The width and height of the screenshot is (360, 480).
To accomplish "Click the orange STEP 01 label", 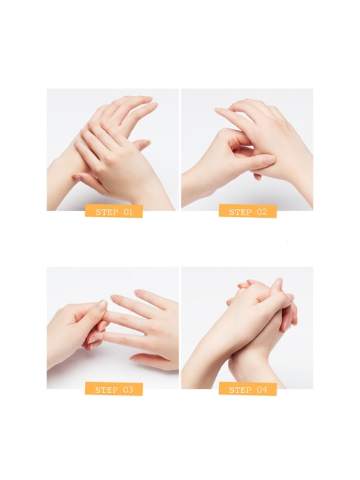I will (x=114, y=212).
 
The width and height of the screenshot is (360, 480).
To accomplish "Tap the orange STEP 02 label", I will (x=247, y=212).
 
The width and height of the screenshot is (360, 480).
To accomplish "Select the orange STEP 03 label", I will (x=114, y=389).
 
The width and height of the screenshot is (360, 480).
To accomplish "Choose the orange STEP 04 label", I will (x=247, y=389).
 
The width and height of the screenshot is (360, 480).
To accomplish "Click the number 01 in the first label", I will (x=128, y=212).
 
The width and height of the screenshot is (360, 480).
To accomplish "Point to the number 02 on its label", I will (x=261, y=212).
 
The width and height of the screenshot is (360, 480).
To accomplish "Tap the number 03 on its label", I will (x=128, y=389).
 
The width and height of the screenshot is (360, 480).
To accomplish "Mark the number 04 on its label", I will (x=261, y=389).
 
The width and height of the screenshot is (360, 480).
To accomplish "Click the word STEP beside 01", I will (x=106, y=212).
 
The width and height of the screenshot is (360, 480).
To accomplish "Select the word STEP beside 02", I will (x=240, y=212).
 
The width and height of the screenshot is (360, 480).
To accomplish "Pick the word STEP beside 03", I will (x=106, y=389).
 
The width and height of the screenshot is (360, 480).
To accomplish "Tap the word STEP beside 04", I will (x=240, y=389).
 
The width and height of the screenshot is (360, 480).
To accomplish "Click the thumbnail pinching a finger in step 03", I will (x=102, y=305).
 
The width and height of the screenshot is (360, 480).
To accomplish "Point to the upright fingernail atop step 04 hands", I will (x=278, y=284).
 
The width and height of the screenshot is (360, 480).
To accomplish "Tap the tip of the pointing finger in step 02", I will (x=219, y=111).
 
